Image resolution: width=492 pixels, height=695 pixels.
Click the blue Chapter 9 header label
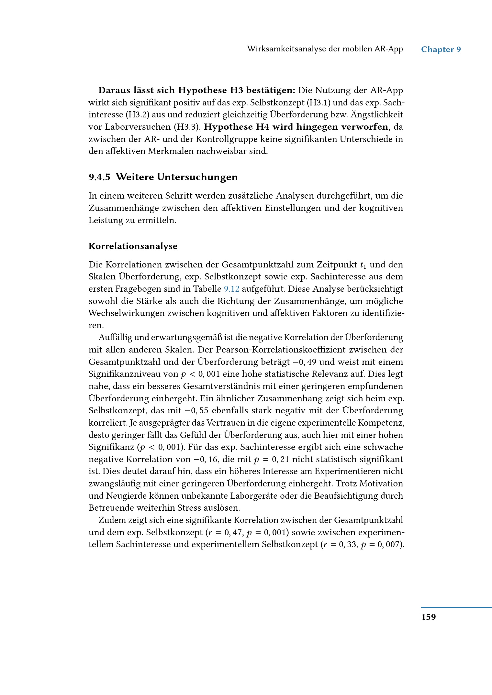coord(441,49)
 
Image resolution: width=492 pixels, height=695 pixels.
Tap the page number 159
coord(428,617)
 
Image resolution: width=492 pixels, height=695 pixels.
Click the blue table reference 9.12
coord(231,289)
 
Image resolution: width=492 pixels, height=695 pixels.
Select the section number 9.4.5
coord(99,177)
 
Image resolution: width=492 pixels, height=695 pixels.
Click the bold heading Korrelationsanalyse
coord(133,246)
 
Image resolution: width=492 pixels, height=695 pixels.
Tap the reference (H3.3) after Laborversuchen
coord(187,127)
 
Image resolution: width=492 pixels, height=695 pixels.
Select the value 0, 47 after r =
coord(233,533)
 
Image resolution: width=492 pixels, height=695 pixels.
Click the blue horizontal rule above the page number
coord(456,607)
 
